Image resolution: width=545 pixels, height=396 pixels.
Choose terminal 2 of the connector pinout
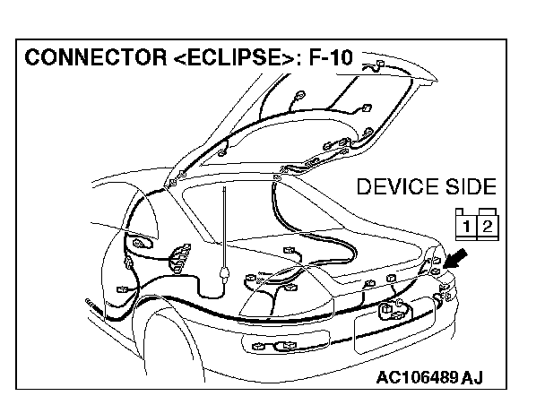coord(487,224)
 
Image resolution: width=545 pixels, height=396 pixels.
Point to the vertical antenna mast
coord(221,224)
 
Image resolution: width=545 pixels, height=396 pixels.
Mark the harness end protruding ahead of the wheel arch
coord(89,304)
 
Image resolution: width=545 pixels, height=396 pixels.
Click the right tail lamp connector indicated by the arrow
coord(436,269)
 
